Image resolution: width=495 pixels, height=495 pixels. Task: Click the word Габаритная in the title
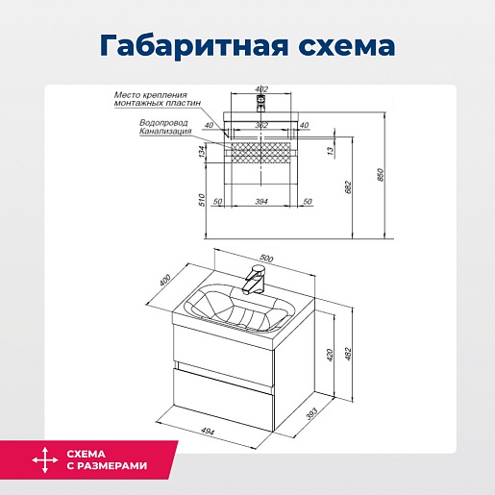point(193,46)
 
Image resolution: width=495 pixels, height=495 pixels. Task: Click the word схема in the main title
point(347,46)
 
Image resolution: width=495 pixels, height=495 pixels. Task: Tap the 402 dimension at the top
point(261,89)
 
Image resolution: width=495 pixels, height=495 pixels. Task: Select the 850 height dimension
point(381,175)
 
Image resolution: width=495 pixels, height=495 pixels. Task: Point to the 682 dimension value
point(348,187)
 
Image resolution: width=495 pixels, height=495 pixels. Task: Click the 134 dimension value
point(201,152)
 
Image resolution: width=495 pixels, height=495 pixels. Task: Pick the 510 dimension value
point(202,200)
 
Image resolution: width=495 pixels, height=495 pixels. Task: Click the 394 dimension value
point(261,202)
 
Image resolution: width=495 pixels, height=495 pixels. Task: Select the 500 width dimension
point(266,258)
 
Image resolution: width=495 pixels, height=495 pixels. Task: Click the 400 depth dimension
point(165,281)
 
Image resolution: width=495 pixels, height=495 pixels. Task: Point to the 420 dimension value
point(331,355)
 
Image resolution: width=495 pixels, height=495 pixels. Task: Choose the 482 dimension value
point(348,354)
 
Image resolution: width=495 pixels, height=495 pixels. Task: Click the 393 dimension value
point(311,413)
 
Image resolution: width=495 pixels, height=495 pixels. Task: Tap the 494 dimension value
point(208,432)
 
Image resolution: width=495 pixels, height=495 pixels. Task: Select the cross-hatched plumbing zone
point(261,153)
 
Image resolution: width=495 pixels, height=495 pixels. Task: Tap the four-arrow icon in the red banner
point(45,460)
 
